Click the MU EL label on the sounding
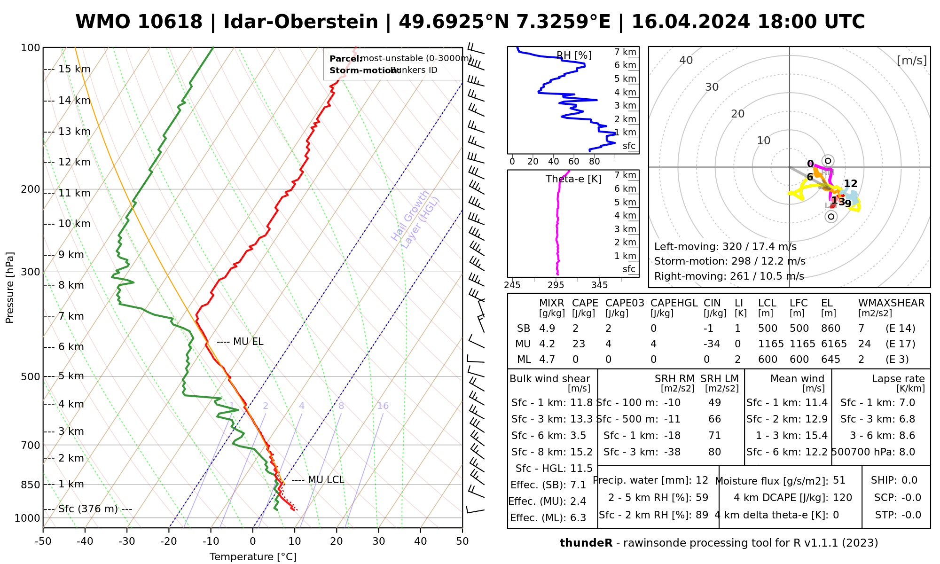pos(248,342)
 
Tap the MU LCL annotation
pos(326,480)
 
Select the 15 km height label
pos(74,69)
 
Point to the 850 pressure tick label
pos(30,485)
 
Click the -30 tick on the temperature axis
pos(127,541)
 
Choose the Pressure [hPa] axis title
pos(10,288)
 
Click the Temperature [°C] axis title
pos(253,557)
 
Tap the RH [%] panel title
pos(574,55)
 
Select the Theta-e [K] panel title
pos(573,179)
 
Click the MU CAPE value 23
pos(579,344)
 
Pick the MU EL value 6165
pos(834,344)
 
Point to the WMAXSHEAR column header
pos(891,303)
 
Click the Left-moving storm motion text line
pos(725,247)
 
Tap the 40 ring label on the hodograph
pos(686,60)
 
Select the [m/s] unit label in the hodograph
pos(912,60)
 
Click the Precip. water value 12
pos(702,480)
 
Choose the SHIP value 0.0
pos(909,480)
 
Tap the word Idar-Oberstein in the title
pos(301,22)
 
